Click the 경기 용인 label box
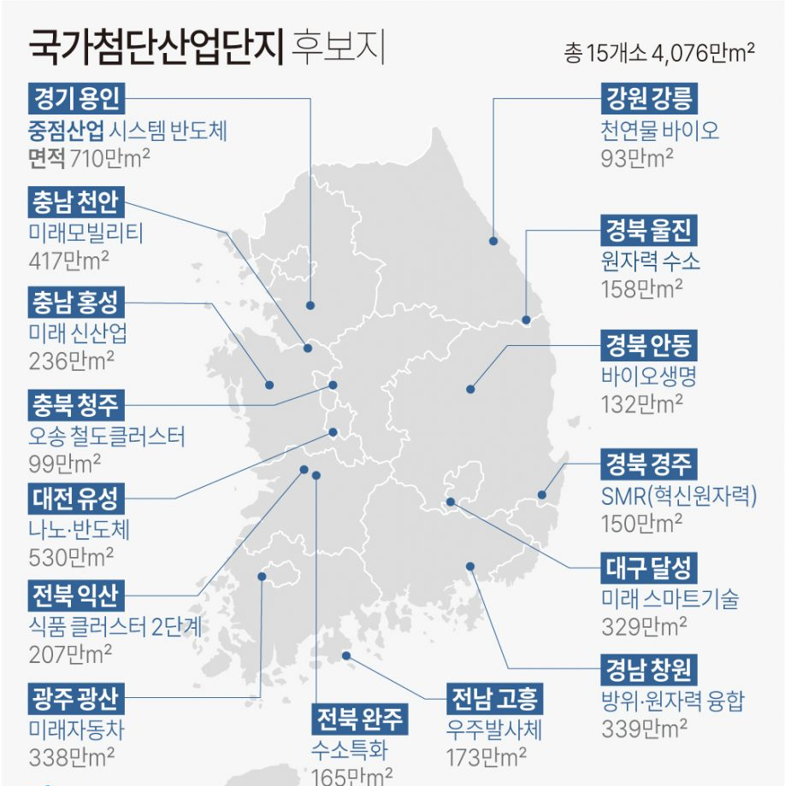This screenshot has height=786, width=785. pos(76,99)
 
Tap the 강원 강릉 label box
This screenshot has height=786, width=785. pos(650,99)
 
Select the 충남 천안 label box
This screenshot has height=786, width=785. pos(76,202)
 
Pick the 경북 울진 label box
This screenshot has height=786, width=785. pos(650,230)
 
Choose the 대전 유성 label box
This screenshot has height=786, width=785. pos(76,497)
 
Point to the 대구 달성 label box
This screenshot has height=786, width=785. pos(650,567)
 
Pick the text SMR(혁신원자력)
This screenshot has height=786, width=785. pos(680,496)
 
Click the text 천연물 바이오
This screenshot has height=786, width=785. pos(659,131)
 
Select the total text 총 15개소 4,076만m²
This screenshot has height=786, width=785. pos(658,54)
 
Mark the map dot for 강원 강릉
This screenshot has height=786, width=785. pos(493,241)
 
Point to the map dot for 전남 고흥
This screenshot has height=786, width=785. pos(346,655)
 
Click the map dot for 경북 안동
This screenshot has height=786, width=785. pos(470,389)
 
